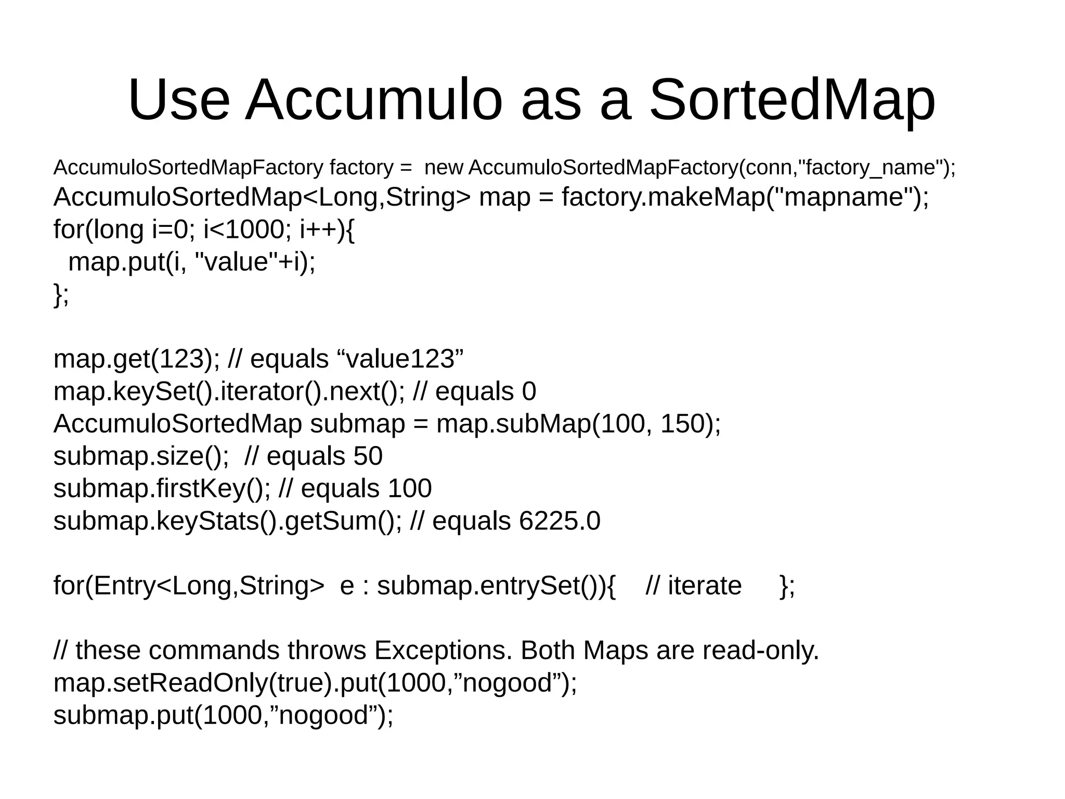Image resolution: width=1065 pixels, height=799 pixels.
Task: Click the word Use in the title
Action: pyautogui.click(x=178, y=100)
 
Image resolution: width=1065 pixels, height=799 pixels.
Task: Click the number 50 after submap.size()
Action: pyautogui.click(x=368, y=456)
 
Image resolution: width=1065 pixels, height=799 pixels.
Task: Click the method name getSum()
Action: pyautogui.click(x=340, y=521)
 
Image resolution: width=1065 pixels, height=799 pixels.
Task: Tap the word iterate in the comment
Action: pyautogui.click(x=705, y=586)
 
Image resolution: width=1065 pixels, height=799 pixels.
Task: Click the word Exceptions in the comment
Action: pyautogui.click(x=443, y=651)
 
